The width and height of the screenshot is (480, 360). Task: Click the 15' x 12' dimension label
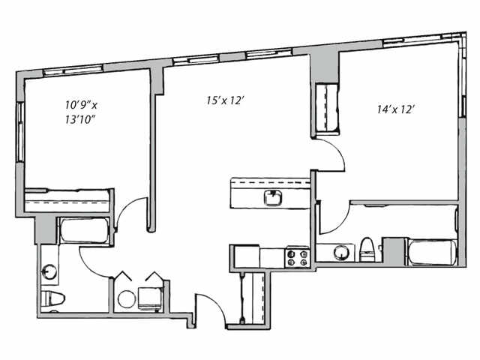pos(226,100)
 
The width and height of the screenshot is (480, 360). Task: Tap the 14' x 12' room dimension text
pos(396,109)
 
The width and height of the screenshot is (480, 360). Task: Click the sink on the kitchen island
pos(272,198)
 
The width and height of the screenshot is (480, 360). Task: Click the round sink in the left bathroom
pos(50,270)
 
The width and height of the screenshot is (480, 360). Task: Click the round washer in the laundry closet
pos(127,300)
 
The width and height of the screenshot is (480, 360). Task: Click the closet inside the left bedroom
pos(67,201)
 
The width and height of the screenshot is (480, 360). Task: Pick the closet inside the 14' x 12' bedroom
pos(326,109)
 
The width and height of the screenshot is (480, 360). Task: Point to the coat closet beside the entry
pos(247,298)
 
